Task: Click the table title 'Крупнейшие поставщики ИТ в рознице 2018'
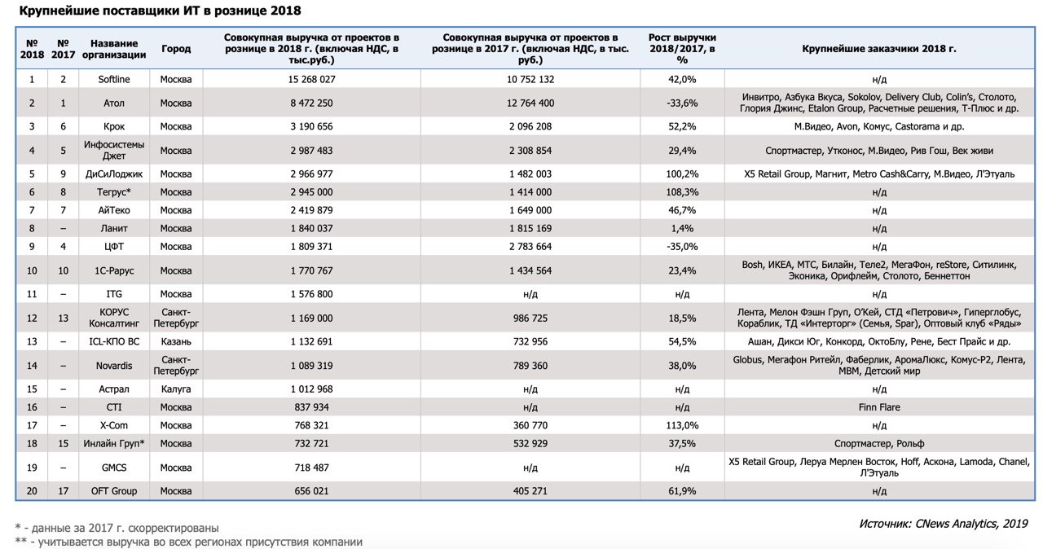tap(161, 11)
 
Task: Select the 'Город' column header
tap(176, 49)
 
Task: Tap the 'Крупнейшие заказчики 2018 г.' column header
tap(879, 49)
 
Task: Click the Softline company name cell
tap(114, 80)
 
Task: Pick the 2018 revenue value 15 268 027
tap(311, 80)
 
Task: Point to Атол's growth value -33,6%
tap(682, 103)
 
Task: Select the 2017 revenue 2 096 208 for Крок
tap(530, 126)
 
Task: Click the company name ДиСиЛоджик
tap(114, 174)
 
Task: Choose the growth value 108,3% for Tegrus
tap(682, 192)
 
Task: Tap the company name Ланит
tap(114, 228)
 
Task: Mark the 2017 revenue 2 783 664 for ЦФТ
tap(530, 247)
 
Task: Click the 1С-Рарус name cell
tap(114, 270)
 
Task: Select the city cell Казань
tap(176, 341)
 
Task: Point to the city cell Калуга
tap(176, 389)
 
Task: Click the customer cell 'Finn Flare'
tap(879, 407)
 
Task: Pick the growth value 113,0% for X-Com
tap(682, 425)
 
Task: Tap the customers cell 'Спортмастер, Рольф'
tap(879, 443)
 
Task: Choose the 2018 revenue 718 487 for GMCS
tap(311, 468)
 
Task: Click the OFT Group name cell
tap(114, 491)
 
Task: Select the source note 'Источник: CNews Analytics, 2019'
tap(944, 524)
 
